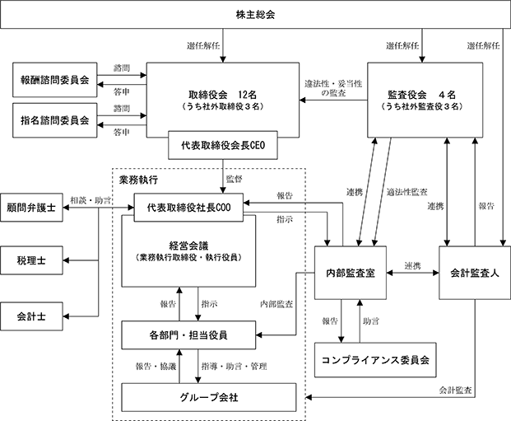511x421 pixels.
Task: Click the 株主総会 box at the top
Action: [x=255, y=15]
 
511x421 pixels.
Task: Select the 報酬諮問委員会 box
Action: [x=55, y=80]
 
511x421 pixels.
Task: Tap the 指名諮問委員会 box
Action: [x=55, y=120]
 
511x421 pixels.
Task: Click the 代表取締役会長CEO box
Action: [x=223, y=145]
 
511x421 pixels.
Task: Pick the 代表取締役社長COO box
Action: [x=188, y=208]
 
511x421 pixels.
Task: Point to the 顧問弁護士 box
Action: [x=31, y=208]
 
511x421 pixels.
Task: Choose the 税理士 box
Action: [x=31, y=260]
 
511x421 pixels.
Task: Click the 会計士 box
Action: [x=31, y=316]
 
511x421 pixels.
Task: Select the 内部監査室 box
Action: [x=351, y=273]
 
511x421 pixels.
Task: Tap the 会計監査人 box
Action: [x=475, y=273]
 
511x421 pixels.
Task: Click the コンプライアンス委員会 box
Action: [x=375, y=360]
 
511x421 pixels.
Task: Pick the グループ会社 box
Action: [x=209, y=397]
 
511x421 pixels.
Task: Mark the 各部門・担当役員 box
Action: [x=188, y=335]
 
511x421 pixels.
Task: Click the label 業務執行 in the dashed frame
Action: [x=138, y=180]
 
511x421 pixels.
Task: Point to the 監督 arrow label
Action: [x=234, y=179]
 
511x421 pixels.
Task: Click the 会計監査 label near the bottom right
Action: [x=455, y=390]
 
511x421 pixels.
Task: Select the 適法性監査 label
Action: [x=406, y=192]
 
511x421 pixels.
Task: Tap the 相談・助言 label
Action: [x=91, y=200]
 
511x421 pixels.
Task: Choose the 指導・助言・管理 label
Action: [x=234, y=366]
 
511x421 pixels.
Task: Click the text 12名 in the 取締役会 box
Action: [x=248, y=95]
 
